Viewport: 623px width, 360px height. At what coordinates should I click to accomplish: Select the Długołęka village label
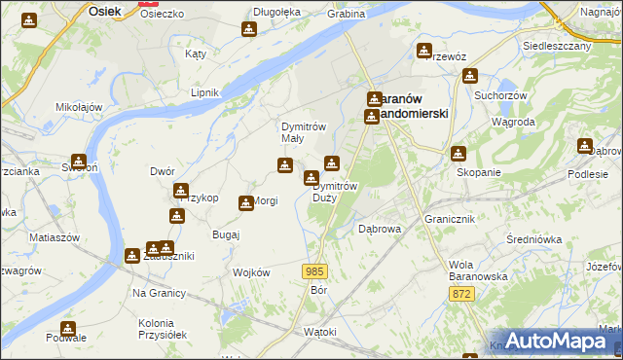pyautogui.click(x=276, y=12)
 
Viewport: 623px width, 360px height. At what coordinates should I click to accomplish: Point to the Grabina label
pyautogui.click(x=346, y=15)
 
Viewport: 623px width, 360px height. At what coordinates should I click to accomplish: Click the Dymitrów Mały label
pyautogui.click(x=302, y=132)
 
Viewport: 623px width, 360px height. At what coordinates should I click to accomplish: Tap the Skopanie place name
pyautogui.click(x=478, y=172)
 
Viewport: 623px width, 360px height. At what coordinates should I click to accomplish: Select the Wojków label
pyautogui.click(x=250, y=272)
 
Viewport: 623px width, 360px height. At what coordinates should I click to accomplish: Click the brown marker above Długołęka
pyautogui.click(x=249, y=30)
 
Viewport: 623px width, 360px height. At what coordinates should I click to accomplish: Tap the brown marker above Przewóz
pyautogui.click(x=424, y=51)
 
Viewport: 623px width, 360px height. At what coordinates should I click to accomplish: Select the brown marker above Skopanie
pyautogui.click(x=458, y=153)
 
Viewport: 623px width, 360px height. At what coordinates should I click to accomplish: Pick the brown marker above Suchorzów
pyautogui.click(x=472, y=77)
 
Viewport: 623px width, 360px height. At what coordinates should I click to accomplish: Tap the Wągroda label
pyautogui.click(x=513, y=123)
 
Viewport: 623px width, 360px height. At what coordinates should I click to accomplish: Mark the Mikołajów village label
pyautogui.click(x=80, y=106)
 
